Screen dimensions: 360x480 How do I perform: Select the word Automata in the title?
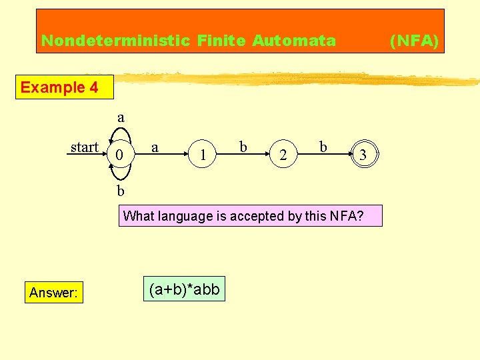(x=293, y=41)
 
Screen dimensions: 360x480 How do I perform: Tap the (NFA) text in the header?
(x=414, y=41)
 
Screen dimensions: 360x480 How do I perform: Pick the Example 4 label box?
(x=59, y=87)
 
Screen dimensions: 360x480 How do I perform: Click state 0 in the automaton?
(x=119, y=155)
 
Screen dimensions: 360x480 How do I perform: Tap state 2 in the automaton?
(x=283, y=156)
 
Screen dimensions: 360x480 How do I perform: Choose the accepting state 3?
(x=363, y=155)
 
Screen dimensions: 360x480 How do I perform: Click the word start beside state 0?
(x=85, y=147)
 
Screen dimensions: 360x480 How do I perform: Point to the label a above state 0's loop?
(x=121, y=117)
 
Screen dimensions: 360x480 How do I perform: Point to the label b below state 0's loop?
(x=121, y=191)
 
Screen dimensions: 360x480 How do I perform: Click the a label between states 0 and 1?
(x=155, y=146)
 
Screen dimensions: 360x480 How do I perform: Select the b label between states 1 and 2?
(x=243, y=146)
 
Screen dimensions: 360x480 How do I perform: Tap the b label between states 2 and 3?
(x=323, y=146)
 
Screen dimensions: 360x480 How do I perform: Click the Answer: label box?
(x=53, y=292)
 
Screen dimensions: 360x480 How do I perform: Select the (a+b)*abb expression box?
(x=184, y=289)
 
